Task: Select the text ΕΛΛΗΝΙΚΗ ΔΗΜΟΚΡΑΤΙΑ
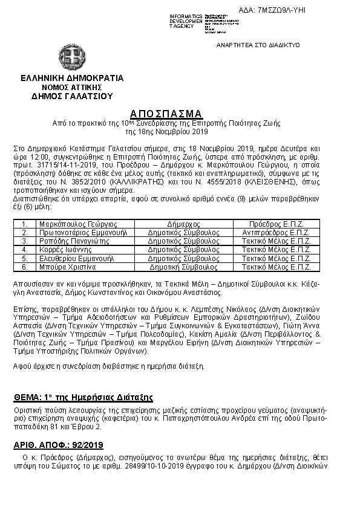point(72,78)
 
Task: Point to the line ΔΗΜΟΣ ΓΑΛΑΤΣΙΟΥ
point(72,96)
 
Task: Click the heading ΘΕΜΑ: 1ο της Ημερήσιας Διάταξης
point(83,397)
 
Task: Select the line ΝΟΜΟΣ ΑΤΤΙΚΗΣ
point(72,87)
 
